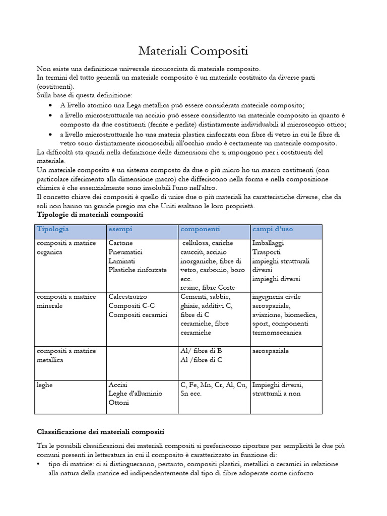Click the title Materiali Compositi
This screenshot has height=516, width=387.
pos(193,51)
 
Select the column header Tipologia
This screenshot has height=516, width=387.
pos(52,229)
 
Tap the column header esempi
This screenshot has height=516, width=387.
pos(120,229)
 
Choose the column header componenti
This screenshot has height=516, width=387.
pos(200,229)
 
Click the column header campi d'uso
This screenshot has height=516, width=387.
pos(272,229)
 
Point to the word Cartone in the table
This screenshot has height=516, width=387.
pos(121,243)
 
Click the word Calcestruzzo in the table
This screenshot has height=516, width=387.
pos(128,297)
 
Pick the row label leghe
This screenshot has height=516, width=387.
pos(45,384)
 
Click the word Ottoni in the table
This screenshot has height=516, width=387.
pos(119,403)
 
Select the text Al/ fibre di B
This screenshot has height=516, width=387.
pos(201,351)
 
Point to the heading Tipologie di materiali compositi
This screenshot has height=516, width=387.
pos(90,215)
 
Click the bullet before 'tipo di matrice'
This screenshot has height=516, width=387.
pos(39,464)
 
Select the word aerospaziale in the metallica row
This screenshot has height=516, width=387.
pos(274,351)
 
